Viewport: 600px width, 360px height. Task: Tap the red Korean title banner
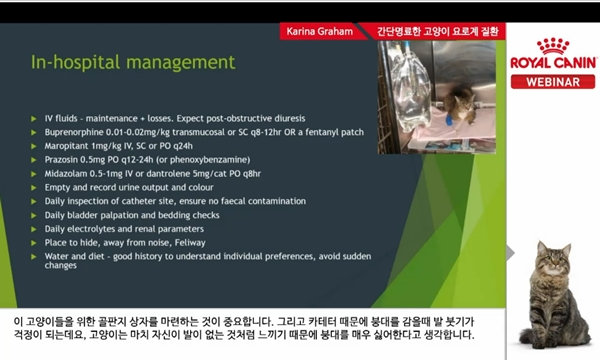coord(439,32)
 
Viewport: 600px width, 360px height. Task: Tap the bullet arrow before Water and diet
coord(35,258)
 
